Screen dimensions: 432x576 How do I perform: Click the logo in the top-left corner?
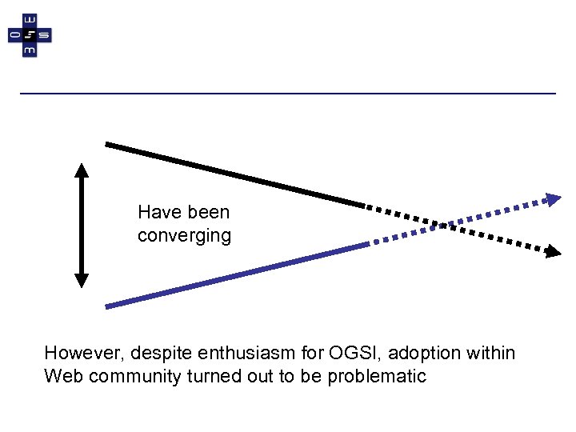coord(30,35)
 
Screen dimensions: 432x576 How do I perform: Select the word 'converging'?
coord(184,236)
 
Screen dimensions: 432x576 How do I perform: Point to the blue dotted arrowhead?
coord(554,199)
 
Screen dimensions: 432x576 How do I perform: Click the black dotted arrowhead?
coord(554,252)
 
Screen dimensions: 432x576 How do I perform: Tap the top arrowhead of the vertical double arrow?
coord(82,170)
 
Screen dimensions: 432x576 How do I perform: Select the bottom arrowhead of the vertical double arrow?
coord(82,280)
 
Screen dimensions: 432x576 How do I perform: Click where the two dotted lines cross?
coord(443,225)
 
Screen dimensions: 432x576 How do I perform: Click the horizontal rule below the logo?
coord(288,94)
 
